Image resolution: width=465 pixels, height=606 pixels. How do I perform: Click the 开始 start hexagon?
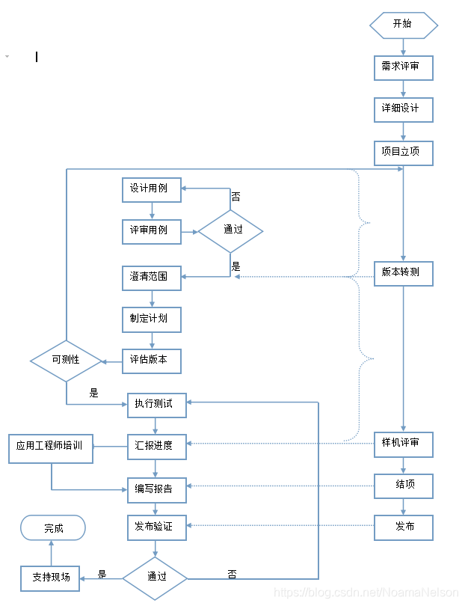404,24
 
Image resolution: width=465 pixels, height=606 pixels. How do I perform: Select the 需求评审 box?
404,67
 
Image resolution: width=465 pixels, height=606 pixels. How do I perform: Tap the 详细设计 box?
404,109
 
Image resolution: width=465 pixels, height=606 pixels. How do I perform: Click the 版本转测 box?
404,273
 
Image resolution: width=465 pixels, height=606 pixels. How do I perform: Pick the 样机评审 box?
404,444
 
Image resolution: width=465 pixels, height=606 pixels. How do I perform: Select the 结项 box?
404,486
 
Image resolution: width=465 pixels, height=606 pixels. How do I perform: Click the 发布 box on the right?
404,527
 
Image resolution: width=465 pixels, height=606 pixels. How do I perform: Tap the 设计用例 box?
152,189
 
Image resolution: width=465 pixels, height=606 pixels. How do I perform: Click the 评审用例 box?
152,231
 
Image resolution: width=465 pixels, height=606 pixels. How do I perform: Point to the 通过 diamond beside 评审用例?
231,230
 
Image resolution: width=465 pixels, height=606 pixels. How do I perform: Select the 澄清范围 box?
152,278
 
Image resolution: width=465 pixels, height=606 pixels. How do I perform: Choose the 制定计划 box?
152,319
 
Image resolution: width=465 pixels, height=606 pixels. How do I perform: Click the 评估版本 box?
152,361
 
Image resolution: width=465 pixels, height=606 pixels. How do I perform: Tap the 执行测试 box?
156,405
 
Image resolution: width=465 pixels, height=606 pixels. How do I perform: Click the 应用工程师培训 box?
51,447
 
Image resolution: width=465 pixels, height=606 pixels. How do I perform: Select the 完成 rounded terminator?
53,528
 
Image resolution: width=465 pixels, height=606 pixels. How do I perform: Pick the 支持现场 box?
50,578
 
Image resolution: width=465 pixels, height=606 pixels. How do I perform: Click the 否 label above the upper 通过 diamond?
235,197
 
